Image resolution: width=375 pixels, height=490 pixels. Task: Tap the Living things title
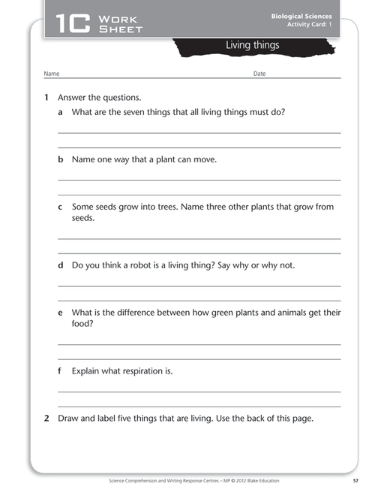click(252, 46)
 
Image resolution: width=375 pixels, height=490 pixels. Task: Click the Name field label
click(51, 74)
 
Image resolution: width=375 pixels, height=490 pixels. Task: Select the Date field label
click(259, 74)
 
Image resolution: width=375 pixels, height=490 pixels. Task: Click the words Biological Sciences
click(301, 16)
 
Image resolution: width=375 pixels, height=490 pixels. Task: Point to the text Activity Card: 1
click(309, 25)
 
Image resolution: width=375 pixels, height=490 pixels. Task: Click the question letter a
click(61, 113)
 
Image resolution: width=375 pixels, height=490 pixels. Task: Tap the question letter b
click(61, 160)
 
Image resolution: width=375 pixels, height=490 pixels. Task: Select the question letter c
click(61, 207)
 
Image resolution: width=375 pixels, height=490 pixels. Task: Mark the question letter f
click(60, 371)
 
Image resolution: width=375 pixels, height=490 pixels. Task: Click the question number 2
click(46, 419)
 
